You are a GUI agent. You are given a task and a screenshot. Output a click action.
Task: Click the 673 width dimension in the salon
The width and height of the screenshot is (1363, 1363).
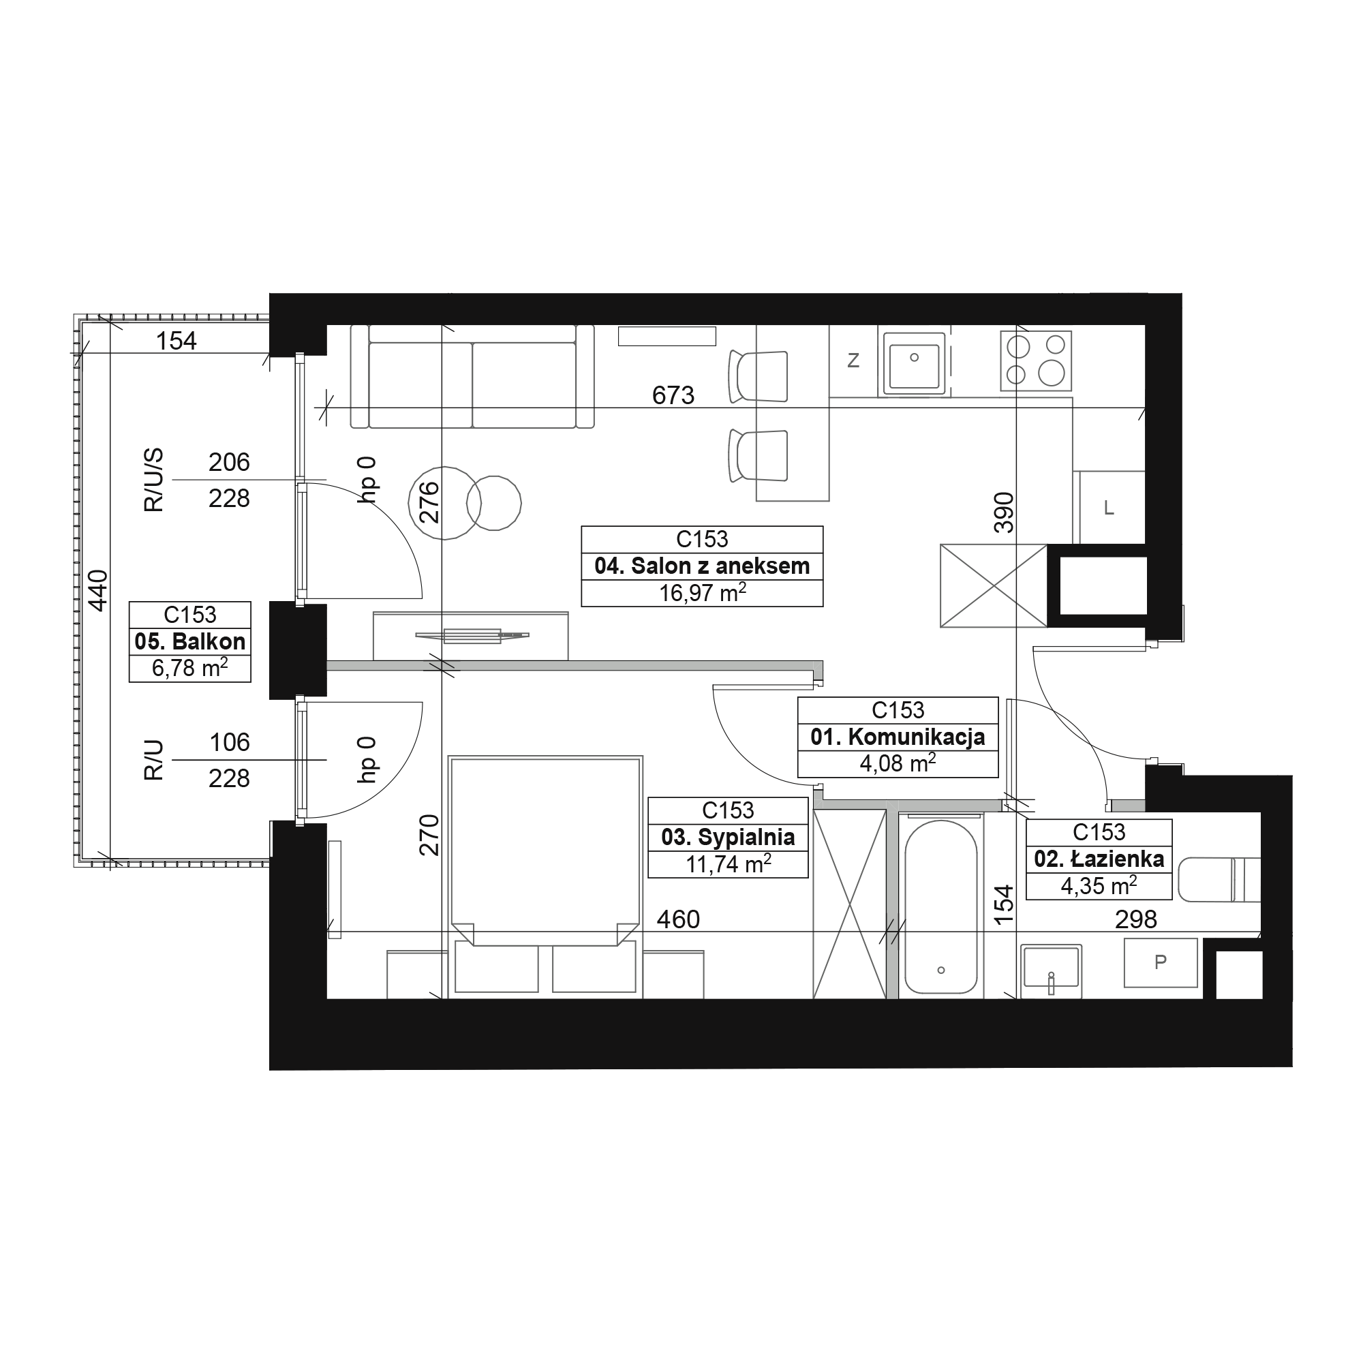673,396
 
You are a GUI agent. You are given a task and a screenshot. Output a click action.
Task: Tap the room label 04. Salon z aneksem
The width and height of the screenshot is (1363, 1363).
702,566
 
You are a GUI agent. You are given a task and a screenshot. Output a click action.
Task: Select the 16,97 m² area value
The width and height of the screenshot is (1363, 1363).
702,593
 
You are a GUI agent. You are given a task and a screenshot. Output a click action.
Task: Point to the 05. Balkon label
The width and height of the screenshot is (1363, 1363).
189,641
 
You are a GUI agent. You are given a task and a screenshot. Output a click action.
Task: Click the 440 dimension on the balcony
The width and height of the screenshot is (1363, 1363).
98,590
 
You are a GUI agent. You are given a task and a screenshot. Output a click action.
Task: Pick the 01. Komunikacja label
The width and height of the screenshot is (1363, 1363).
898,737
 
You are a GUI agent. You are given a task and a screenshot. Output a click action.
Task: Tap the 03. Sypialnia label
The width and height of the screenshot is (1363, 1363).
728,838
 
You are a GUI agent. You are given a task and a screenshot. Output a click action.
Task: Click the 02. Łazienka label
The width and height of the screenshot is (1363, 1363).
1099,859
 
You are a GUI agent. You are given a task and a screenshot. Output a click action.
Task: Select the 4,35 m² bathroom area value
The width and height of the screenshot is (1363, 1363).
1099,885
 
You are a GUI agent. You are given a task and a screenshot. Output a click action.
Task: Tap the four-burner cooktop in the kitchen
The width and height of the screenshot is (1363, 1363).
1036,361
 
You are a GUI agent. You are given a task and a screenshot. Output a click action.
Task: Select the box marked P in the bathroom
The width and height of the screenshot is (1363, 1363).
1161,962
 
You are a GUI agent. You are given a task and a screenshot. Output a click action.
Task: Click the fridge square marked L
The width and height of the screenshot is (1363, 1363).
1109,507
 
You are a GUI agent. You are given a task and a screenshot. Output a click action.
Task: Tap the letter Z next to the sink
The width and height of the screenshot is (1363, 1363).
853,361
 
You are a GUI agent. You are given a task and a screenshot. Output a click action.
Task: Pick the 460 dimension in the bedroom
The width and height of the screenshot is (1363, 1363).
678,919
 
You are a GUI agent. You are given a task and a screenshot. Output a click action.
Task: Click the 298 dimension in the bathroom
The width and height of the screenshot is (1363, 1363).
1136,919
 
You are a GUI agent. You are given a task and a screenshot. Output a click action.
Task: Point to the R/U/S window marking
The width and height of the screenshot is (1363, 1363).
153,480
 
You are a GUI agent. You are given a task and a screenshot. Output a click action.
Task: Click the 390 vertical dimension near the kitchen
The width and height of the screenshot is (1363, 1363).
1003,512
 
